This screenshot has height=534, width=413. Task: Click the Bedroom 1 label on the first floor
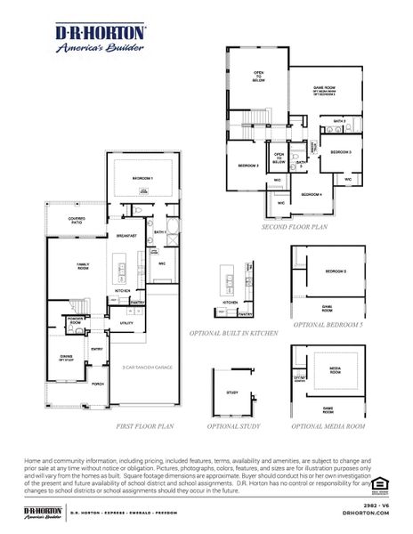pyautogui.click(x=142, y=179)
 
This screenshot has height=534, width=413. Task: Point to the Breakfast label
pyautogui.click(x=126, y=235)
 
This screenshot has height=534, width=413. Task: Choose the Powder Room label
pyautogui.click(x=76, y=322)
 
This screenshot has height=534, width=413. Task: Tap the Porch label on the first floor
pyautogui.click(x=97, y=384)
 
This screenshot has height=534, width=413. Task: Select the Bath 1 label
pyautogui.click(x=160, y=232)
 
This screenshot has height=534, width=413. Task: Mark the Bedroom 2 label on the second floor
pyautogui.click(x=247, y=166)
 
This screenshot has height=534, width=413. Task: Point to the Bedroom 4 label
pyautogui.click(x=311, y=194)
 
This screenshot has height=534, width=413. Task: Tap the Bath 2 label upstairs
pyautogui.click(x=339, y=120)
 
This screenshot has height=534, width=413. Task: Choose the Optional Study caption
pyautogui.click(x=235, y=426)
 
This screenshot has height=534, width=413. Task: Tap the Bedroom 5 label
pyautogui.click(x=335, y=271)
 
